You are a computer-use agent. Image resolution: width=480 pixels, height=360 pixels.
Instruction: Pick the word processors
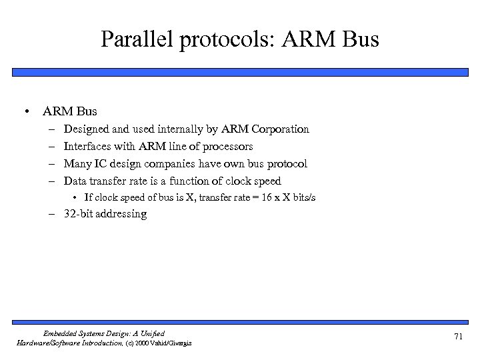(x=227, y=146)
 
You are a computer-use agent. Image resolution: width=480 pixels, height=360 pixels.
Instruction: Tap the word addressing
(x=123, y=215)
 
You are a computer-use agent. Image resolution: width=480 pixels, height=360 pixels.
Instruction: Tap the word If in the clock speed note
(x=87, y=197)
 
